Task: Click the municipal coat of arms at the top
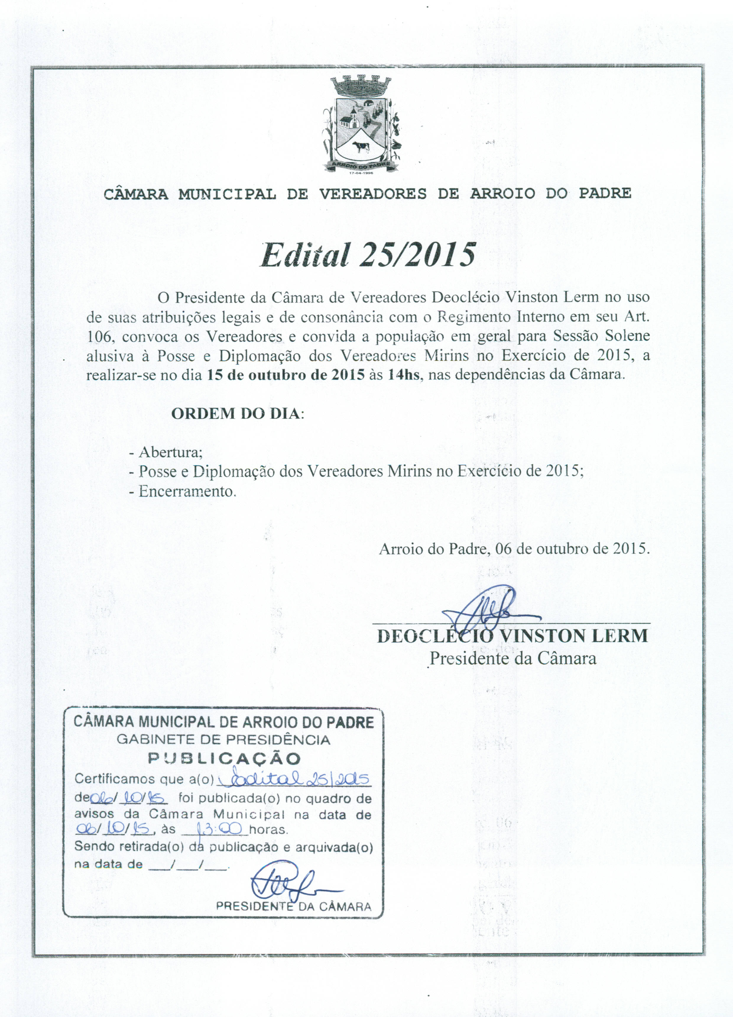click(x=362, y=125)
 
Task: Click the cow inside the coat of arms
click(x=361, y=146)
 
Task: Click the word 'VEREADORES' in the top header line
click(x=373, y=194)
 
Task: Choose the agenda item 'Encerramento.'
click(x=182, y=491)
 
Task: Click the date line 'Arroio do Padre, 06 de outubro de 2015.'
click(x=514, y=549)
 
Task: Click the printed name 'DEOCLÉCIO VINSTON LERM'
click(x=513, y=636)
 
